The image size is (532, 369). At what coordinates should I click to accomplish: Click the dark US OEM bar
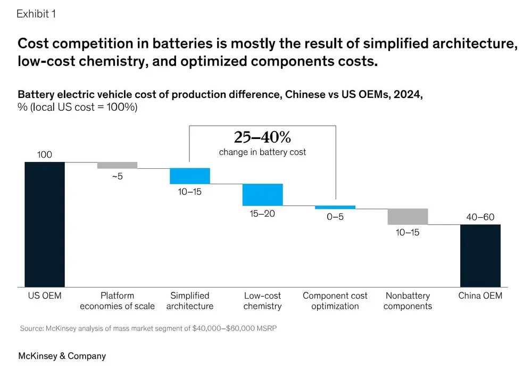coord(45,224)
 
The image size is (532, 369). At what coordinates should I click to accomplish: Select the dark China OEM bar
coord(480,255)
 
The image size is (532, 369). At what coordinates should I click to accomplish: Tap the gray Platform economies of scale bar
coord(117,165)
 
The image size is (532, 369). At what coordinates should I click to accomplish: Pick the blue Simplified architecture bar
coord(190,176)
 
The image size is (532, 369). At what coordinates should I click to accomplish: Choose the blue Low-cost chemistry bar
coord(263,194)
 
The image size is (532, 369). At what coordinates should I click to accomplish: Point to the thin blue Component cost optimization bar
coord(335,207)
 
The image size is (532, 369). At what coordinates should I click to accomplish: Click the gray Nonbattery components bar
coord(408,216)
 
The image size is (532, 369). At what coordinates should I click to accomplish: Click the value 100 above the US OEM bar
coord(45,155)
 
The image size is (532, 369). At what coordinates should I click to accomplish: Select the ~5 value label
coord(117,176)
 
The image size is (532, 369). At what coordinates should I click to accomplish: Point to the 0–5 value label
coord(335,217)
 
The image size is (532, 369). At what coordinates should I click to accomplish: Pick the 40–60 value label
coord(480,217)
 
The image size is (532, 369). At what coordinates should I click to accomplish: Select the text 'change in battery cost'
coord(262,152)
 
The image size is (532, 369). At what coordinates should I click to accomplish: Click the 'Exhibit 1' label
coord(36,14)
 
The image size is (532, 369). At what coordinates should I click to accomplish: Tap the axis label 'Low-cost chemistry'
coord(263,301)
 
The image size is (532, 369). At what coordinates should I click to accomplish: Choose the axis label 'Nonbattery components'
coord(408,301)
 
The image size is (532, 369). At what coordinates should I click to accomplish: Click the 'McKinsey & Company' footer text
coord(62,356)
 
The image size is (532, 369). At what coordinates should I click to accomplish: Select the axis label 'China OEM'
coord(480,296)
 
